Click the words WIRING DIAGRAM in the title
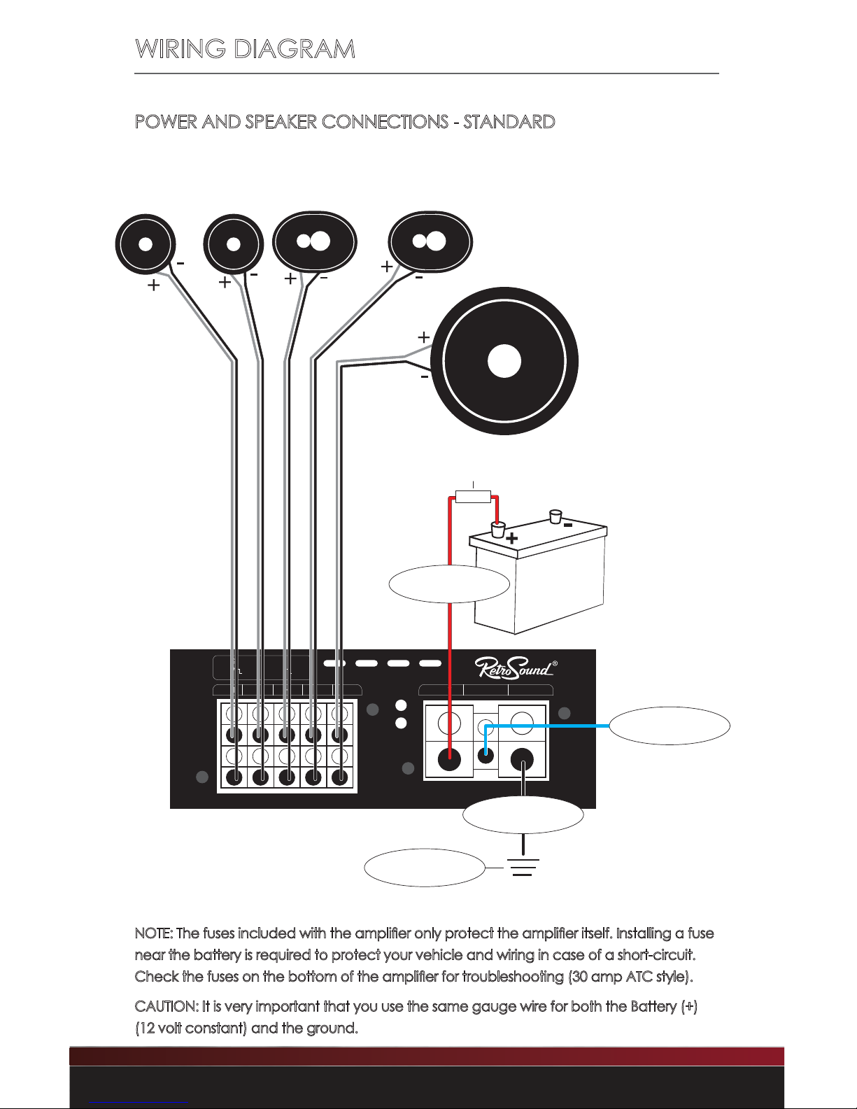click(245, 49)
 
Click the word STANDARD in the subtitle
click(509, 122)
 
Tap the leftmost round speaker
click(146, 244)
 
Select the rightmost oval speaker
click(430, 241)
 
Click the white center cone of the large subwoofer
click(504, 361)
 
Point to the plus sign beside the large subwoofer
click(423, 337)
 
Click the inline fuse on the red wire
click(473, 497)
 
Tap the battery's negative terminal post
click(555, 516)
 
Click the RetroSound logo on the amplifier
click(516, 667)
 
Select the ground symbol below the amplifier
click(523, 867)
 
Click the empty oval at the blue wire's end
click(670, 726)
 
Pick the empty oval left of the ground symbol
click(425, 868)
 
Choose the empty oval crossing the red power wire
click(449, 584)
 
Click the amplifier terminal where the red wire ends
click(449, 759)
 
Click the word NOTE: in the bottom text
click(154, 933)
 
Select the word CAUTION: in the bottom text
click(167, 1006)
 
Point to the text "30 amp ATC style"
click(630, 977)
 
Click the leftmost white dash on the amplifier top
click(334, 663)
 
